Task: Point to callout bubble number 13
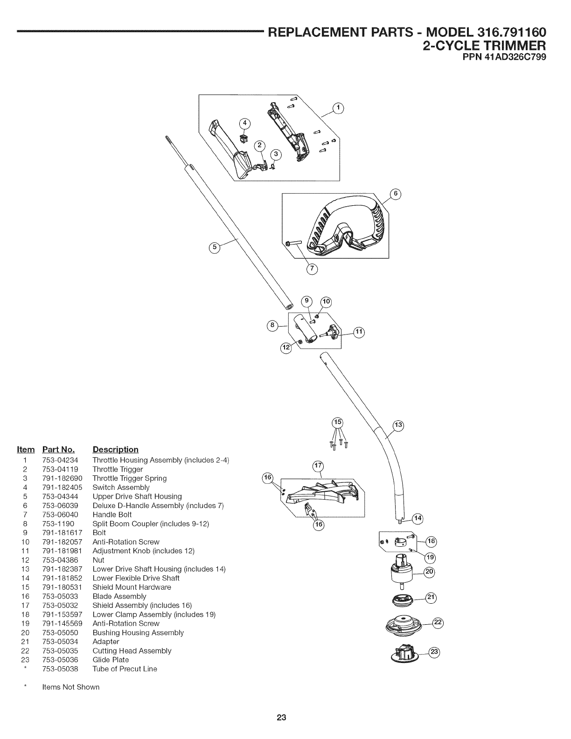coord(398,425)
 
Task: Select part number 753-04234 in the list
coord(60,460)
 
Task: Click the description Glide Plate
coord(111,660)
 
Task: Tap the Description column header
coord(115,450)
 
